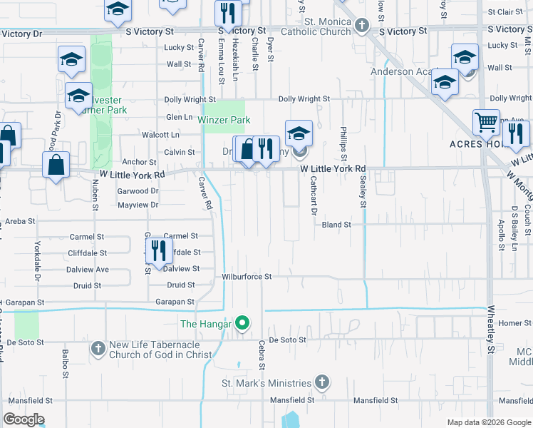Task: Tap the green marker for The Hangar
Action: pyautogui.click(x=242, y=324)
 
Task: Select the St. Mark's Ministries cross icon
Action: pyautogui.click(x=322, y=382)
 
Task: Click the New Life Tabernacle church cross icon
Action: pyautogui.click(x=98, y=349)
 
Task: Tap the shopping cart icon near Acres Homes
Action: pyautogui.click(x=486, y=122)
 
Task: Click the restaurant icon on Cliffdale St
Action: pyautogui.click(x=158, y=250)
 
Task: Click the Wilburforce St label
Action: pyautogui.click(x=247, y=277)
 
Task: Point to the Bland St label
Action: pyautogui.click(x=336, y=225)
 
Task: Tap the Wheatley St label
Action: pyautogui.click(x=491, y=329)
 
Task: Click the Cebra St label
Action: pyautogui.click(x=262, y=355)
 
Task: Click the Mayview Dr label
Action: pyautogui.click(x=136, y=205)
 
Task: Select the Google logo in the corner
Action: pyautogui.click(x=24, y=419)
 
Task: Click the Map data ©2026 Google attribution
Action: pyautogui.click(x=488, y=422)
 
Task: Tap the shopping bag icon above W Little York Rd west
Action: pyautogui.click(x=56, y=165)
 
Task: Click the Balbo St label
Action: pyautogui.click(x=65, y=364)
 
